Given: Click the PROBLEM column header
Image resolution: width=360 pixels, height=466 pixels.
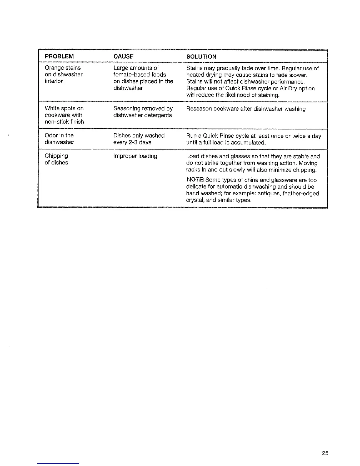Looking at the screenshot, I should [x=59, y=56].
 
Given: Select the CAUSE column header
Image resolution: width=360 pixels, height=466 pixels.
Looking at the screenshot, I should [x=123, y=56].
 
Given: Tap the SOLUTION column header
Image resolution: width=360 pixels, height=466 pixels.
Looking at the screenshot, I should [x=201, y=56].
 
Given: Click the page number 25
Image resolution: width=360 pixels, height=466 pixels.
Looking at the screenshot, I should [x=325, y=453].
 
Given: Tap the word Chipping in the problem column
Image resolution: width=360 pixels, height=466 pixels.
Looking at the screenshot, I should [x=56, y=156].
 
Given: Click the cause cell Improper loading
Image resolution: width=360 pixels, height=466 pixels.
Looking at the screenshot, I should [x=135, y=156].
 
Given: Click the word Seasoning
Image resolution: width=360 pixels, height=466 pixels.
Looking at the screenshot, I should [x=126, y=109].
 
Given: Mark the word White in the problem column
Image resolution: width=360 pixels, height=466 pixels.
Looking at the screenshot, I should [x=52, y=108].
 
